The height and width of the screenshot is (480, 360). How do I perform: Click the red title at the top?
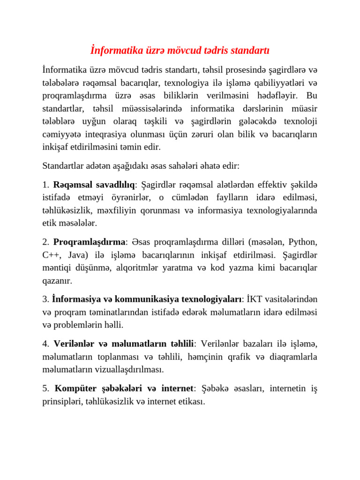(180, 50)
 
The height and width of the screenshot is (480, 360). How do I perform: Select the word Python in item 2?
(303, 242)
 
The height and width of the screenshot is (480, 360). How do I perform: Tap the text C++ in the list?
(50, 255)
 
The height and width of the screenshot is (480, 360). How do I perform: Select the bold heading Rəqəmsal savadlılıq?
(94, 184)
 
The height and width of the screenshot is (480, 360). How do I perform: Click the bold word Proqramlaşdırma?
(89, 242)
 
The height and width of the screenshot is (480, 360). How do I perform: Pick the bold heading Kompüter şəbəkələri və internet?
(124, 389)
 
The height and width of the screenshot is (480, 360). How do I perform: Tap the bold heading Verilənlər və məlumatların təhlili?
(123, 344)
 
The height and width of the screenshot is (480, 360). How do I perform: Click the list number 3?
(45, 299)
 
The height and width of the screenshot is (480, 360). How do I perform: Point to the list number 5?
(45, 389)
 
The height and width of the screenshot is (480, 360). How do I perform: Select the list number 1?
(45, 184)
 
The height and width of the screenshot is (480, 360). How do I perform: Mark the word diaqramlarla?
(293, 357)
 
